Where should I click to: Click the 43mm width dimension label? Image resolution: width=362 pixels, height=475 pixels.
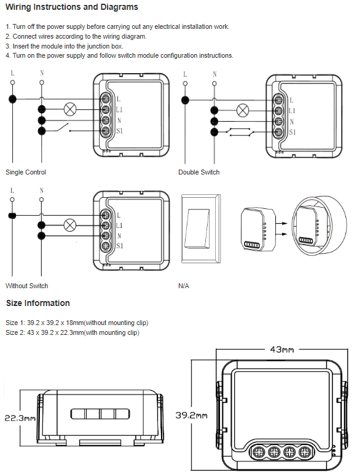pyautogui.click(x=281, y=350)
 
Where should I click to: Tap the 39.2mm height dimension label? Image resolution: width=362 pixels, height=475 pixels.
pyautogui.click(x=192, y=415)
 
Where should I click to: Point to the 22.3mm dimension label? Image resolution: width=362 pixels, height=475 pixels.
pyautogui.click(x=20, y=418)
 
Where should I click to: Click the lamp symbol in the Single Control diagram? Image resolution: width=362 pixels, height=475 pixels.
pyautogui.click(x=70, y=109)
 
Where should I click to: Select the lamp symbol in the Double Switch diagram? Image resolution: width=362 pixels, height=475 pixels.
pyautogui.click(x=242, y=111)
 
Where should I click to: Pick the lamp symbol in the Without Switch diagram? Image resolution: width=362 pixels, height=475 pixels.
pyautogui.click(x=70, y=225)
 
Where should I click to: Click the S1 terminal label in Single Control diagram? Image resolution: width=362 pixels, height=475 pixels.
pyautogui.click(x=120, y=131)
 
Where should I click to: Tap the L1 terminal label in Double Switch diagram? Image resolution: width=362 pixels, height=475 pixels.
pyautogui.click(x=292, y=111)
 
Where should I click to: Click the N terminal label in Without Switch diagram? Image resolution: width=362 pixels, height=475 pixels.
pyautogui.click(x=119, y=236)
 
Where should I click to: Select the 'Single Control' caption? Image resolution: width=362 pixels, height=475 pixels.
pyautogui.click(x=26, y=172)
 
